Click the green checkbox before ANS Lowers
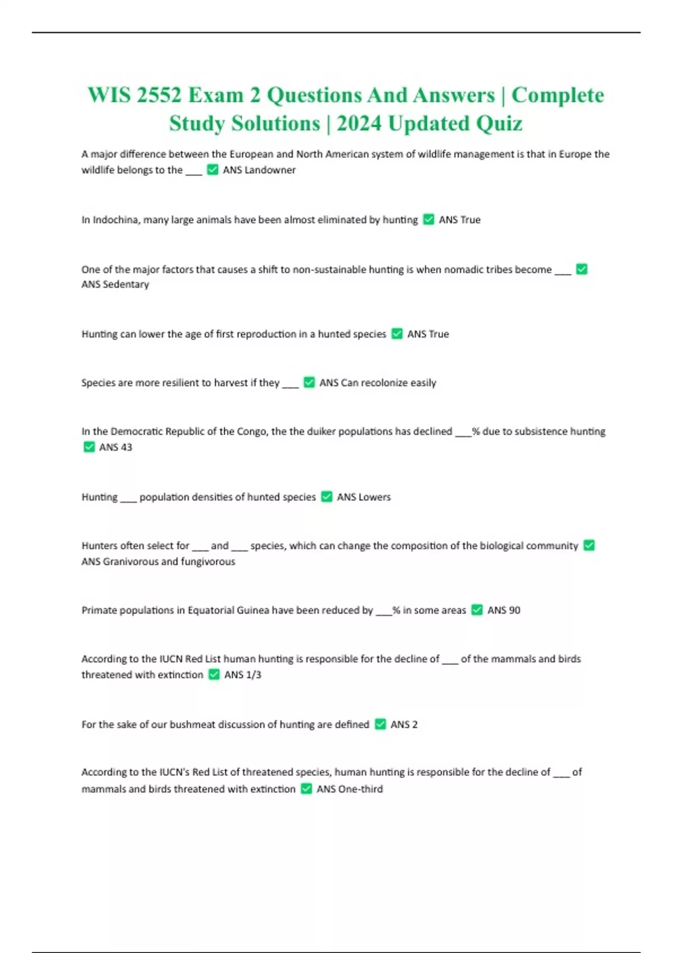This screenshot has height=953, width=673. point(326,497)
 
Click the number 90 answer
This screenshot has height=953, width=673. point(511,610)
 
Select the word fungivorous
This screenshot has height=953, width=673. point(208,561)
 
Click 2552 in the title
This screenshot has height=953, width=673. point(159,95)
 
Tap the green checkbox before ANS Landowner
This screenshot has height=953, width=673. point(213,169)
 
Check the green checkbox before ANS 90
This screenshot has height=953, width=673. point(477,610)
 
